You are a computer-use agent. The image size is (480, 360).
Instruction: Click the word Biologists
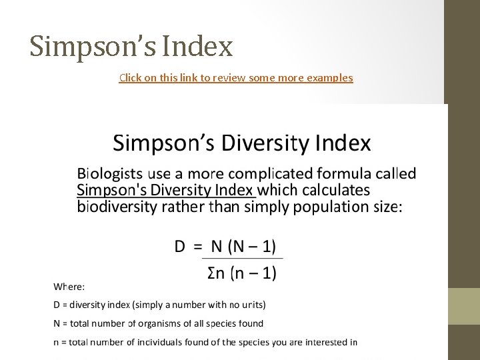click(110, 174)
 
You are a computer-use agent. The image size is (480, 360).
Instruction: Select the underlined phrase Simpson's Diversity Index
click(166, 190)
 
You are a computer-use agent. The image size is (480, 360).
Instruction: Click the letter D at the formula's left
click(180, 247)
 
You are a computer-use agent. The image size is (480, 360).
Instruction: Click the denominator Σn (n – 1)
click(242, 273)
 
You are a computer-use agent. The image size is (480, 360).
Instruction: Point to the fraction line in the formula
click(242, 259)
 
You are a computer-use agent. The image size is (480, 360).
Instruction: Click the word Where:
click(69, 287)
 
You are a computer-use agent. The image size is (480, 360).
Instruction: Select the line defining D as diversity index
click(159, 305)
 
